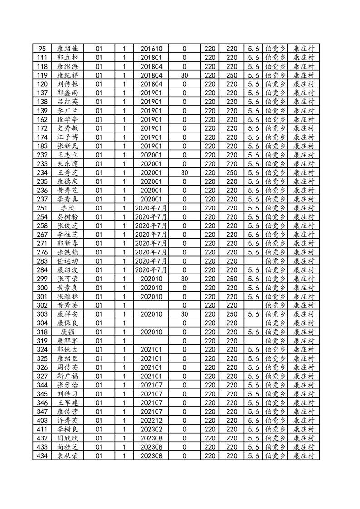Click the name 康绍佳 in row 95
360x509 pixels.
pyautogui.click(x=67, y=49)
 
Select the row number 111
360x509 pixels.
pyautogui.click(x=42, y=58)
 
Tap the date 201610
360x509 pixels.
pyautogui.click(x=151, y=49)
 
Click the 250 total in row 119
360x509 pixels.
pyautogui.click(x=232, y=75)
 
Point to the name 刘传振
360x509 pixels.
pyautogui.click(x=67, y=84)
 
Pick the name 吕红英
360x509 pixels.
pyautogui.click(x=67, y=102)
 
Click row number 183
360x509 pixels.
pyautogui.click(x=42, y=146)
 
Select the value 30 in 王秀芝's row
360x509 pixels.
pyautogui.click(x=184, y=172)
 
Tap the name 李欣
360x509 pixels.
pyautogui.click(x=67, y=208)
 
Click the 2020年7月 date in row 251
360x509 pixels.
pyautogui.click(x=151, y=208)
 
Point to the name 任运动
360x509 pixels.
pyautogui.click(x=67, y=261)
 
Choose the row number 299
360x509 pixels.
pyautogui.click(x=42, y=279)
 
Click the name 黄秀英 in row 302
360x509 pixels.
pyautogui.click(x=67, y=305)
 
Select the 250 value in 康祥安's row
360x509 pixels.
pyautogui.click(x=232, y=314)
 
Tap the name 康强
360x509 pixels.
pyautogui.click(x=67, y=332)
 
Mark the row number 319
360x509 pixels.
pyautogui.click(x=42, y=341)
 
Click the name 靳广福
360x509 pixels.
pyautogui.click(x=67, y=376)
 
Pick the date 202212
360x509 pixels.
pyautogui.click(x=151, y=420)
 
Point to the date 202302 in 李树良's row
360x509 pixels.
pyautogui.click(x=151, y=429)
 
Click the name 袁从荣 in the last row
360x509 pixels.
pyautogui.click(x=67, y=455)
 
